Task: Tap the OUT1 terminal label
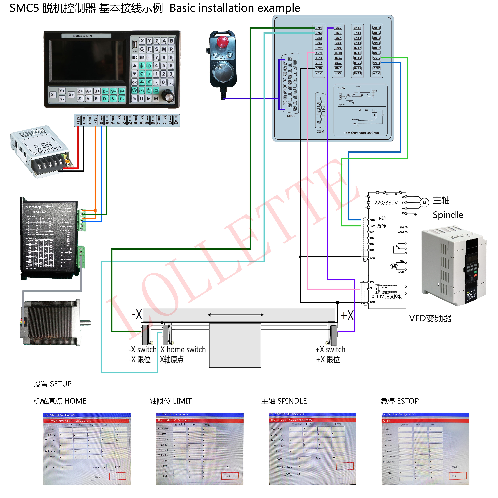376,63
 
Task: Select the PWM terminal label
319,48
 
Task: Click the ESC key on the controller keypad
135,57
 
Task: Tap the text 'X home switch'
183,350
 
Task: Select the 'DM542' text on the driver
39,212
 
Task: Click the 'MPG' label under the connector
291,116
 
